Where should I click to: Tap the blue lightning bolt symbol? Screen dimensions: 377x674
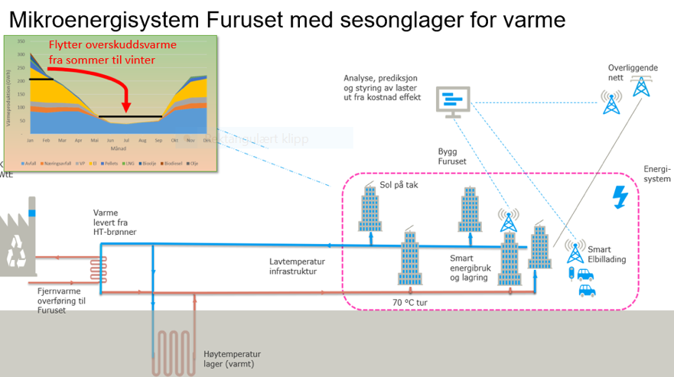click(620, 197)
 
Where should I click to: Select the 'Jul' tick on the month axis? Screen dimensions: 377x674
click(127, 141)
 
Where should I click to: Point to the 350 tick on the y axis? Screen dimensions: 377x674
click(21, 42)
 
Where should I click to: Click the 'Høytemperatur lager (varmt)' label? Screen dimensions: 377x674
click(233, 359)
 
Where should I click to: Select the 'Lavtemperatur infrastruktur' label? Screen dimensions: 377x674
click(298, 266)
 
